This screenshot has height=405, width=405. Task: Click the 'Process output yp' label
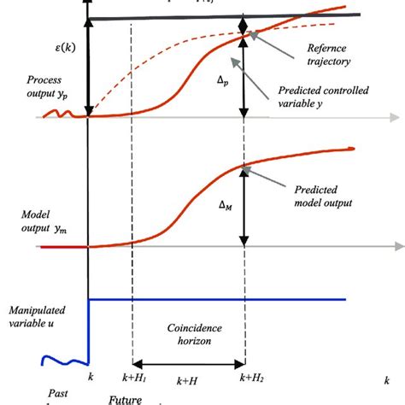click(x=35, y=91)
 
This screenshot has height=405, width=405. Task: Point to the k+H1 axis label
click(x=134, y=377)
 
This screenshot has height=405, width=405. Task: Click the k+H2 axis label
click(x=247, y=376)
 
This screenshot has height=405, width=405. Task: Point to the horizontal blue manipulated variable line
click(x=214, y=300)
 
